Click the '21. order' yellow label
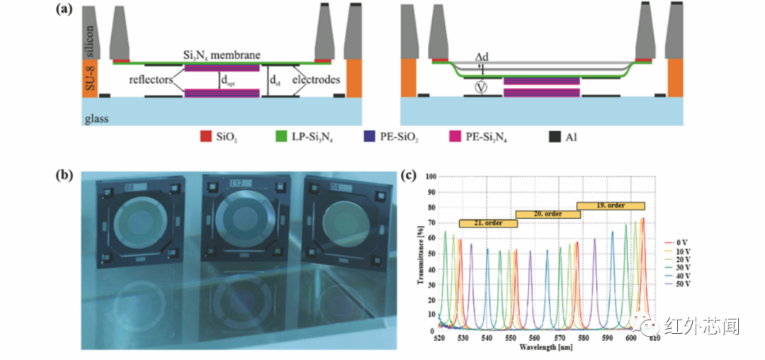tap(488, 224)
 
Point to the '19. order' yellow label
tap(611, 206)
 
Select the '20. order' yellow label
tap(548, 215)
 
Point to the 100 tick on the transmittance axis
tap(430, 176)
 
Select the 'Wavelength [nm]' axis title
tap(545, 348)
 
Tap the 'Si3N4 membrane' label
tap(222, 55)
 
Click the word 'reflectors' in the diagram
tap(151, 80)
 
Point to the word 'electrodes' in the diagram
tap(318, 80)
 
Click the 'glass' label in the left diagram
tap(96, 118)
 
